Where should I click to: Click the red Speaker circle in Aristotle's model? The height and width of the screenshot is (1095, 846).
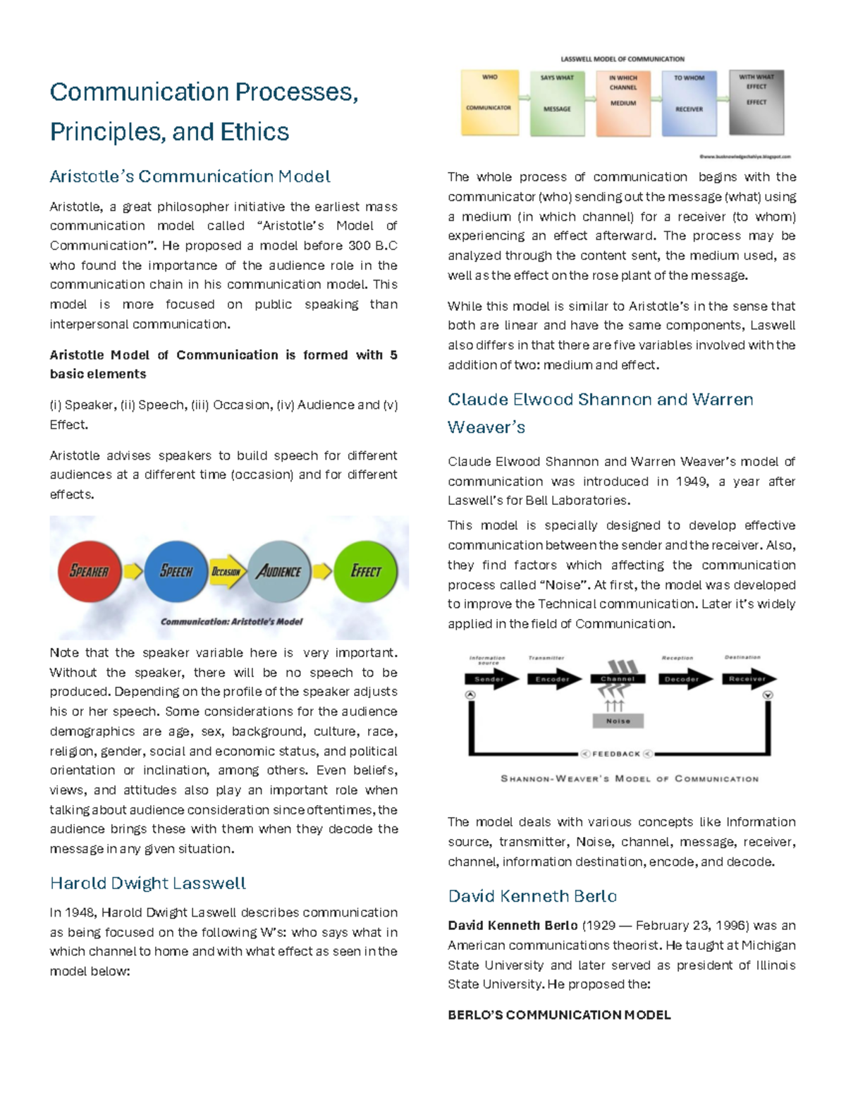(x=90, y=571)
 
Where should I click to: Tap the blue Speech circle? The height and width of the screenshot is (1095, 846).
(x=176, y=571)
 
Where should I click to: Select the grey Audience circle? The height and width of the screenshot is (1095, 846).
(x=279, y=571)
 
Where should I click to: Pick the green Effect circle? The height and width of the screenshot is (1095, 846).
(x=365, y=571)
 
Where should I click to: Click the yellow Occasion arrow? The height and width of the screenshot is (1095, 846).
(x=227, y=572)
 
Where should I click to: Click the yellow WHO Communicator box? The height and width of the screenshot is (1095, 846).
(x=489, y=102)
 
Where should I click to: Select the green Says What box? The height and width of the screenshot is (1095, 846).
(x=557, y=103)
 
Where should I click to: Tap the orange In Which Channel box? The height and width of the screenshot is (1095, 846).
(x=623, y=103)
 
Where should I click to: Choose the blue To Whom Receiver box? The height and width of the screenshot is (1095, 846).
(x=689, y=103)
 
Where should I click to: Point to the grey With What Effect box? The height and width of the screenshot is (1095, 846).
(x=756, y=103)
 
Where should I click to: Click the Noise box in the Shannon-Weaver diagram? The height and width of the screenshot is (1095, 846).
(x=618, y=721)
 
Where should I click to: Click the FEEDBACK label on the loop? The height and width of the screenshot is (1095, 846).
(x=616, y=754)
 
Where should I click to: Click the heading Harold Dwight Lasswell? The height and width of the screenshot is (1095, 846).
(x=148, y=883)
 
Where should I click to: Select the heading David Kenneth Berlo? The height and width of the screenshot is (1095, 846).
(x=532, y=896)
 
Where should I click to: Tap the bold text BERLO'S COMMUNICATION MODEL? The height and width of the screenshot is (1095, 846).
(x=559, y=1015)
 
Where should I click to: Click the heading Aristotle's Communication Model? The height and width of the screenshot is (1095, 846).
(x=190, y=176)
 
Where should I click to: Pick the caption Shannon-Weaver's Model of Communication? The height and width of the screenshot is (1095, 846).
(x=629, y=779)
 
